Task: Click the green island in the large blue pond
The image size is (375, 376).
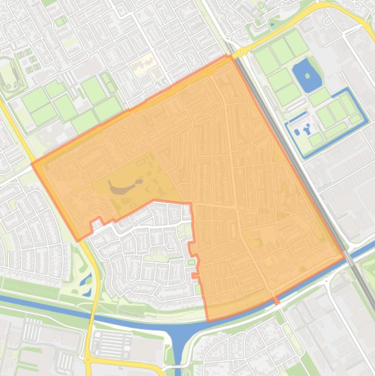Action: click(307, 76)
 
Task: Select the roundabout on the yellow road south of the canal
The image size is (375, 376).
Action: click(88, 359)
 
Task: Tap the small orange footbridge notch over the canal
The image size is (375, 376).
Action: click(276, 299)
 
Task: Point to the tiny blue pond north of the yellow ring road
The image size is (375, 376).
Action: click(272, 24)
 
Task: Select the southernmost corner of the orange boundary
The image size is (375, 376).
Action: click(208, 321)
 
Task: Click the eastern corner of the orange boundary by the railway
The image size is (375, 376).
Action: click(344, 257)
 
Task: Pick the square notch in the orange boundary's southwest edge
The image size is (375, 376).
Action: click(96, 222)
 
